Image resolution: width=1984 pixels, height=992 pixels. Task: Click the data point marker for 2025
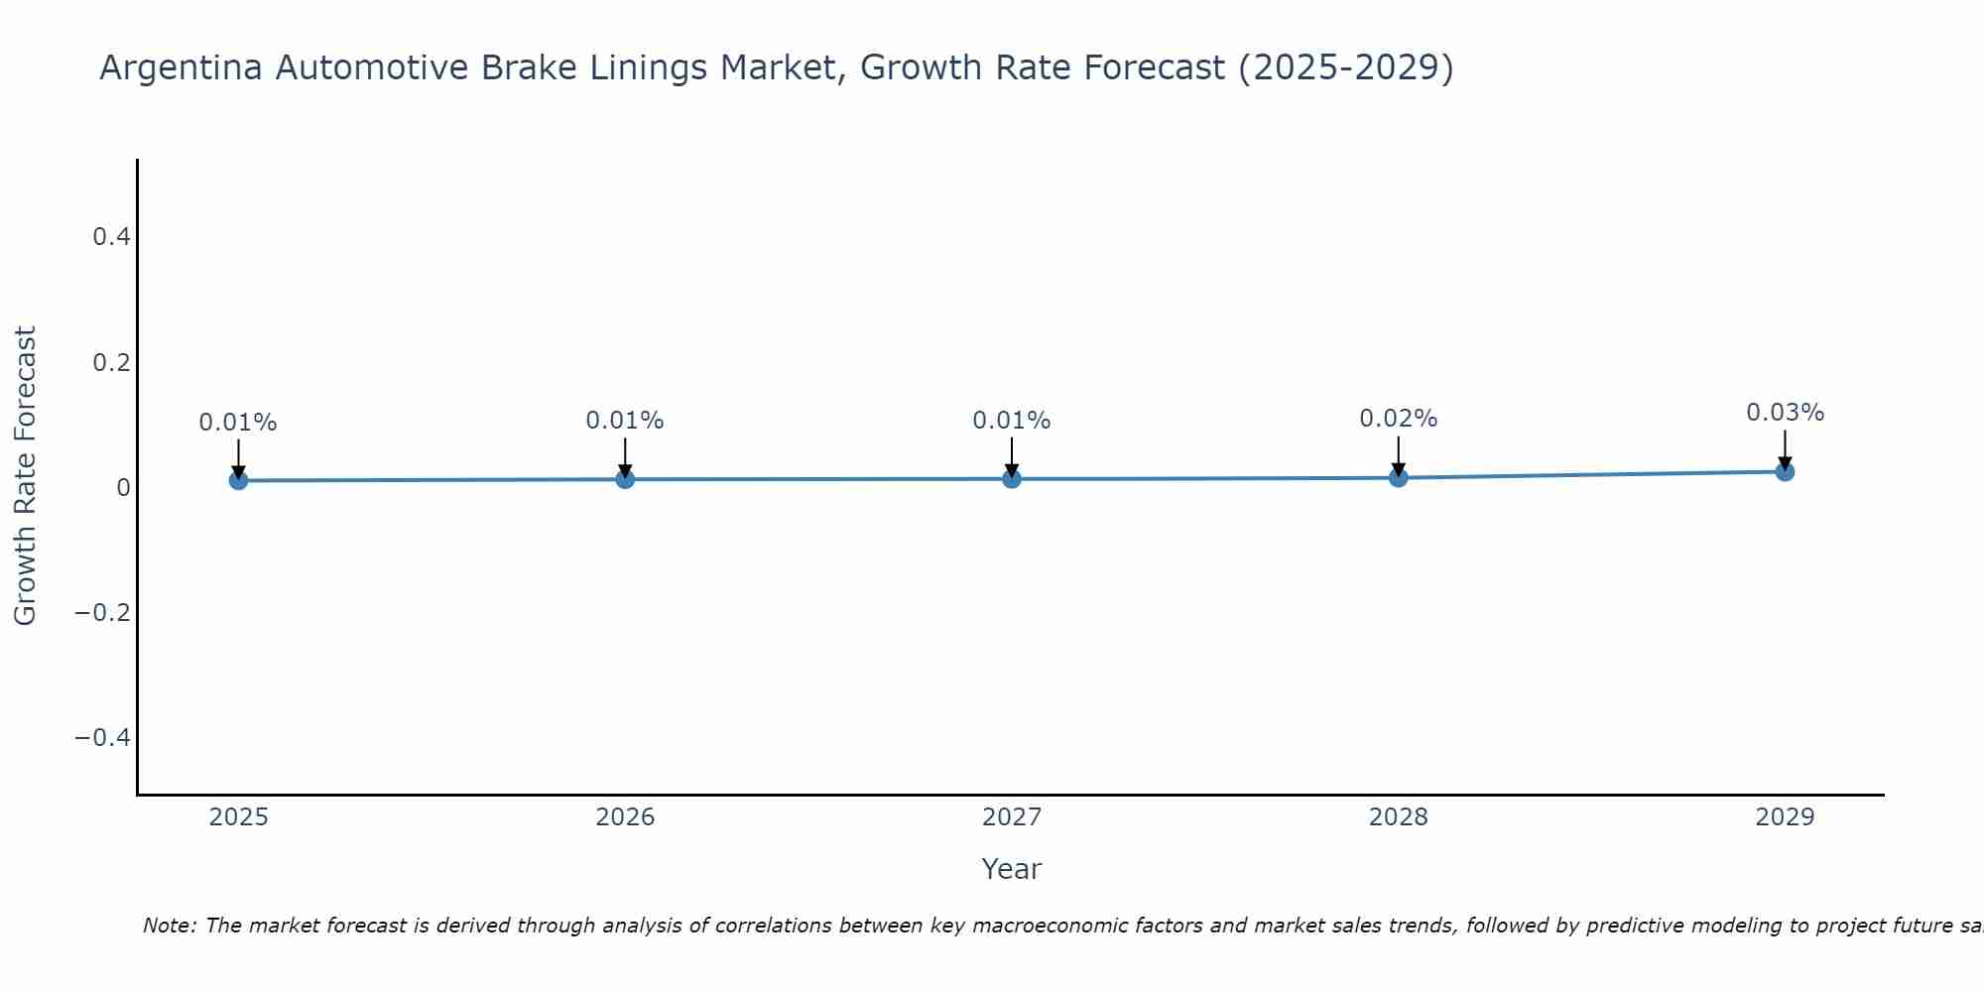[238, 480]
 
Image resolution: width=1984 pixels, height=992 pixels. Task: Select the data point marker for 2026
[625, 479]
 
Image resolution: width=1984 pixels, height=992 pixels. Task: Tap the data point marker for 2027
[1012, 479]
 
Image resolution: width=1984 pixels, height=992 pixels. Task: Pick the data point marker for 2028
[1398, 477]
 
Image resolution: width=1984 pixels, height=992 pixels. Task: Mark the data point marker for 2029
[1785, 471]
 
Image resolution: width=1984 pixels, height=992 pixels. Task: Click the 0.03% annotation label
[1785, 413]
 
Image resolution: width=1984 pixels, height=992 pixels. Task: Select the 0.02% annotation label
[1398, 419]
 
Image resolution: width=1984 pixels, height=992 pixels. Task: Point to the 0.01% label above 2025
[238, 423]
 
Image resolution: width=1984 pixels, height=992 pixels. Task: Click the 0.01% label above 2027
[1012, 421]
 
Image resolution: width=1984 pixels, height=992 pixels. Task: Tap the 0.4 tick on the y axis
[111, 237]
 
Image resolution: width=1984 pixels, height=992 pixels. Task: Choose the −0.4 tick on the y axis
[102, 737]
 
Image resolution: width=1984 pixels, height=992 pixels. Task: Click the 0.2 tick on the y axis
[111, 362]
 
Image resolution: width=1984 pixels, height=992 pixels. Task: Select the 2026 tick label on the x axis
[625, 817]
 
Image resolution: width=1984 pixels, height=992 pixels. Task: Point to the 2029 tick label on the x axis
[1785, 817]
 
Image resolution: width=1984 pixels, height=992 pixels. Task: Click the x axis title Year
[1011, 869]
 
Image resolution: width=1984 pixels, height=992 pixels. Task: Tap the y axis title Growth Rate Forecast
[25, 475]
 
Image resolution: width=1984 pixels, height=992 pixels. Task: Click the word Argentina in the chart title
[181, 67]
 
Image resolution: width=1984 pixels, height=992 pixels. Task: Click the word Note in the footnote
[169, 926]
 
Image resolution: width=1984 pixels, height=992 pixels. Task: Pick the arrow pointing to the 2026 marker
[625, 455]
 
